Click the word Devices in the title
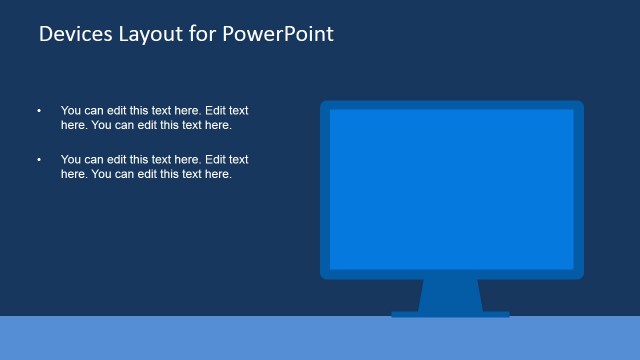point(72,34)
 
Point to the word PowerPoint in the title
point(277,34)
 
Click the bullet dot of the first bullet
point(39,111)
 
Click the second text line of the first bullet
point(146,125)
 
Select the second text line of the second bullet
point(146,174)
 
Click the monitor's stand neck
point(450,295)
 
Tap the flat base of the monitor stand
point(450,314)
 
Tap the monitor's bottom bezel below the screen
point(451,274)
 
